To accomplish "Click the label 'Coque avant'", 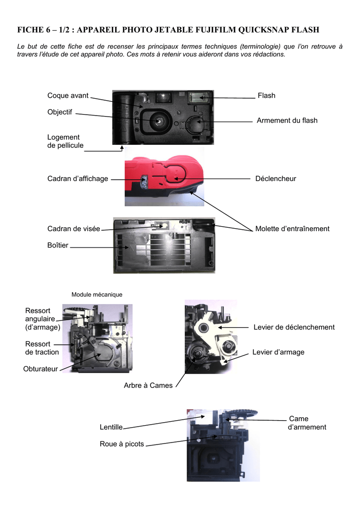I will click(x=68, y=95).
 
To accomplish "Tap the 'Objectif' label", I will click(x=60, y=112).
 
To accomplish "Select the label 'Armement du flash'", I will click(x=287, y=121).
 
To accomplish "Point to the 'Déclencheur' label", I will click(x=275, y=179).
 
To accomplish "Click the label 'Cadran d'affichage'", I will click(x=77, y=179).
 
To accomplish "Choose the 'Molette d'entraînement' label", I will click(x=292, y=229).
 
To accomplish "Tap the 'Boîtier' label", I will click(x=58, y=245).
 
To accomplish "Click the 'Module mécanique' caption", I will click(x=97, y=295).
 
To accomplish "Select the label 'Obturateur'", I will click(x=41, y=369).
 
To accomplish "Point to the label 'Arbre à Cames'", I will click(x=148, y=385).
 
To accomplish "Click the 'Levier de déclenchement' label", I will click(x=294, y=327).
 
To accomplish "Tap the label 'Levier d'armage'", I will click(x=279, y=352).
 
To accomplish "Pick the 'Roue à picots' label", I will click(x=122, y=444).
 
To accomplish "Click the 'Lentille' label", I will click(x=111, y=427).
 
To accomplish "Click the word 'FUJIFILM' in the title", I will click(x=211, y=30).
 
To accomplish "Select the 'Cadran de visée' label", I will click(x=73, y=229).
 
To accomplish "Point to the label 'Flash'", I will click(x=266, y=95).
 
